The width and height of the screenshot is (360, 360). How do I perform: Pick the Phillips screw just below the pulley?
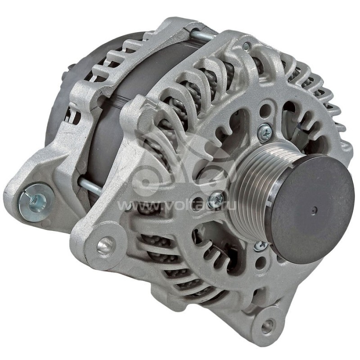point(261,246)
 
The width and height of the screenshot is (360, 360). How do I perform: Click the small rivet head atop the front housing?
point(246,45)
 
